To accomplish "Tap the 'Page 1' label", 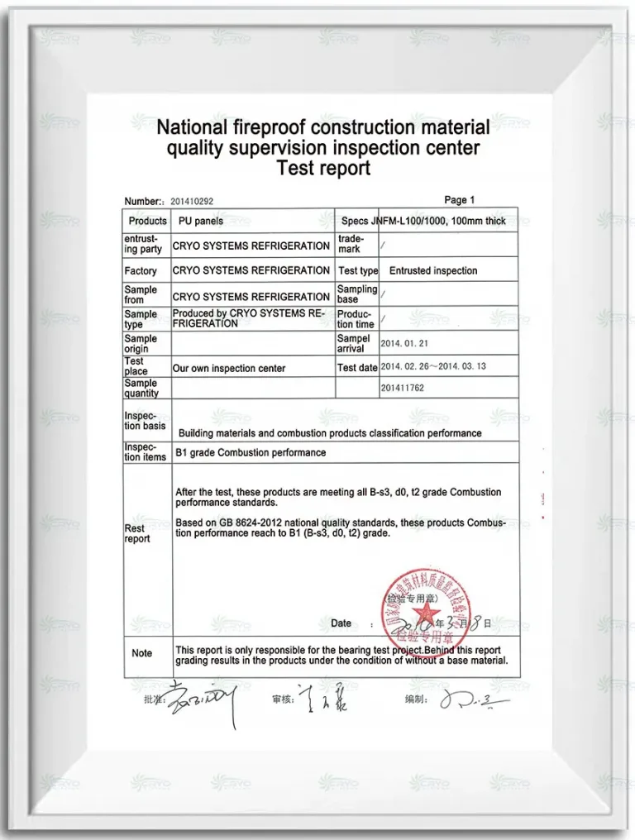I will (460, 200).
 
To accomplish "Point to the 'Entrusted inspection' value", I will (433, 270).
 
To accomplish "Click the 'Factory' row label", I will (141, 271).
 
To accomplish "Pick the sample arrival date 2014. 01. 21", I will (405, 343).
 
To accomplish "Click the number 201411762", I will (403, 388).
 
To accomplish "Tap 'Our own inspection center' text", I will (229, 369).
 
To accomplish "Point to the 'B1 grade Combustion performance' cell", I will (251, 453).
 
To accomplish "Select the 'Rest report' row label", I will (136, 533).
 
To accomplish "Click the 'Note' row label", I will (142, 653).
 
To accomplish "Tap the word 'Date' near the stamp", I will (341, 623).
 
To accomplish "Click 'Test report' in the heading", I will (322, 169).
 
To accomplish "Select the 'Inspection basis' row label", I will (145, 421).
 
